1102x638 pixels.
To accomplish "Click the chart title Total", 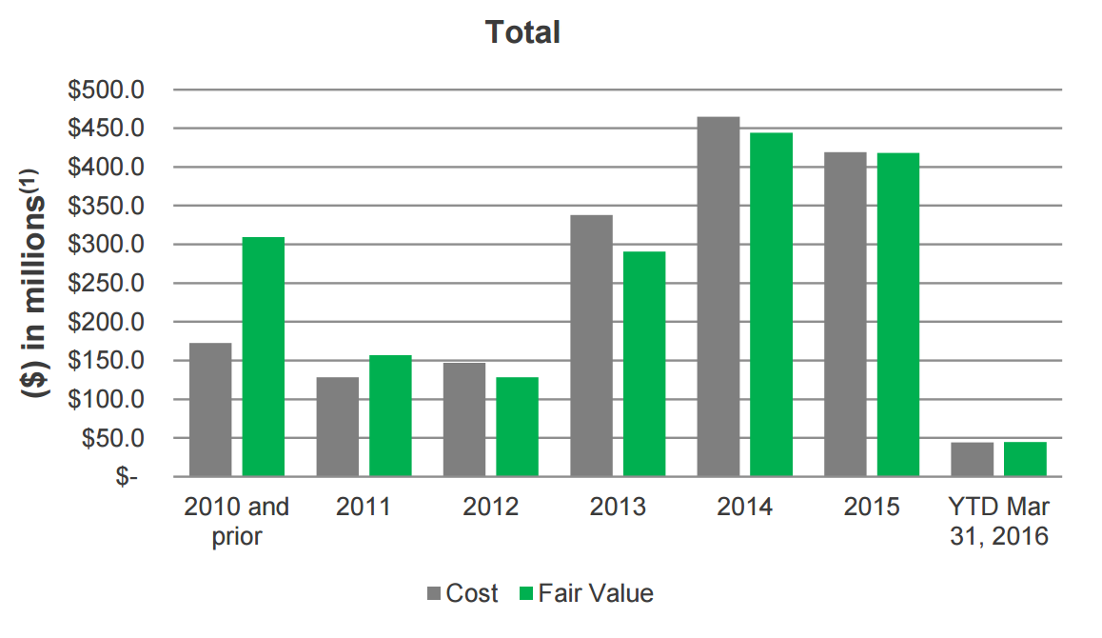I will click(x=522, y=32).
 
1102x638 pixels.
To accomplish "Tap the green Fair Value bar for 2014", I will click(x=771, y=305).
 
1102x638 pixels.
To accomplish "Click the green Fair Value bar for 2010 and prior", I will click(x=264, y=357).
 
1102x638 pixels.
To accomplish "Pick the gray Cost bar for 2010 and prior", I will click(x=210, y=409).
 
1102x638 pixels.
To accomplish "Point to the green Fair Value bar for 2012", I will click(x=517, y=427).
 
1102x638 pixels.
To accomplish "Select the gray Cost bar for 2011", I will click(x=338, y=427).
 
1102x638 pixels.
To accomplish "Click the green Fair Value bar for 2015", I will click(x=898, y=314).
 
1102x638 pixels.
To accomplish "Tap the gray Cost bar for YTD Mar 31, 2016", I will click(x=972, y=459).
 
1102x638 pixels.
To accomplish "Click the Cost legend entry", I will click(x=462, y=593).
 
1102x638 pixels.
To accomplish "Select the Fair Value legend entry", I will click(x=586, y=593).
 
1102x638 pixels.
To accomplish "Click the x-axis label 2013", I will click(x=618, y=507).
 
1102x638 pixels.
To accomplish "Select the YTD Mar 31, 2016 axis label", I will click(x=998, y=521).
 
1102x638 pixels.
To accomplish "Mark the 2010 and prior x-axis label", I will click(x=236, y=521).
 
